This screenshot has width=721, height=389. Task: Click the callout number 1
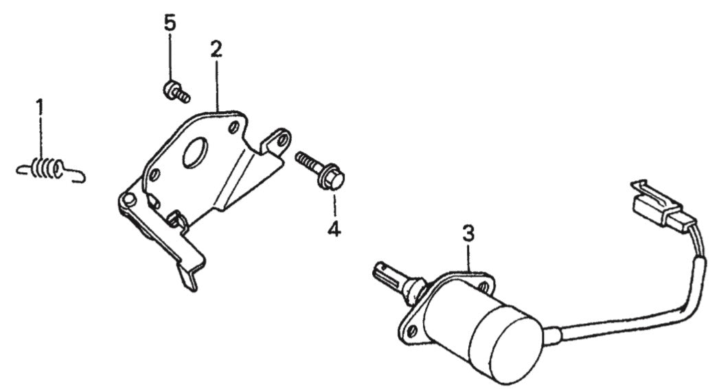coord(40,106)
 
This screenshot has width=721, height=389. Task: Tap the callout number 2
coord(216,49)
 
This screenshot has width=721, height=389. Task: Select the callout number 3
coord(468,234)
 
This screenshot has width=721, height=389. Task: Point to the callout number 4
coord(334,228)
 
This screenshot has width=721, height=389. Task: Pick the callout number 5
coord(170,23)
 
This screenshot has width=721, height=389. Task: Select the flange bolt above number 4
coord(321,169)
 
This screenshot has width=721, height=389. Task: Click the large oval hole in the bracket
coord(195,152)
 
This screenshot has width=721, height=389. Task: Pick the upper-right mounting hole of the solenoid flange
coord(483,287)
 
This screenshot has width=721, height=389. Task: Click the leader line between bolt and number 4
coord(334,205)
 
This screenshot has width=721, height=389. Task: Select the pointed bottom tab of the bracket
coord(189,279)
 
